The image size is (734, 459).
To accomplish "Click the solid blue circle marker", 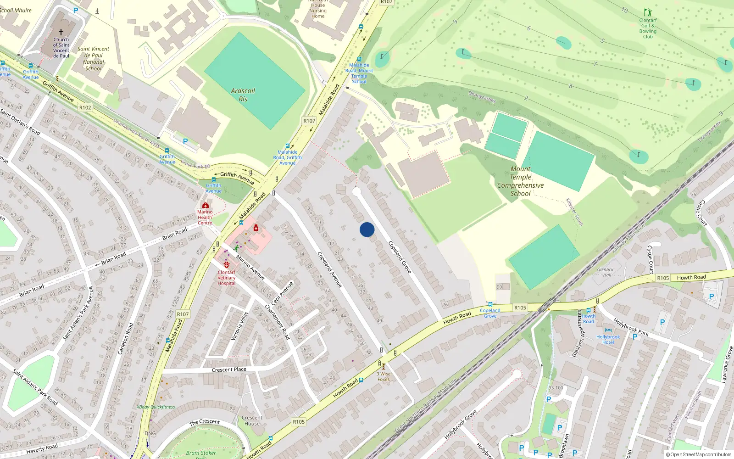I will pyautogui.click(x=367, y=229).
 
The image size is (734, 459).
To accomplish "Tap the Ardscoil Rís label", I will pyautogui.click(x=243, y=95).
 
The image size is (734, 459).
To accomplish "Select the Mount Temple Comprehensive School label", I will pyautogui.click(x=520, y=181).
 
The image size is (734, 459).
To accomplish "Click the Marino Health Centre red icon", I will pyautogui.click(x=205, y=205).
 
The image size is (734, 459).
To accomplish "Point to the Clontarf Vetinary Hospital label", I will pyautogui.click(x=226, y=278).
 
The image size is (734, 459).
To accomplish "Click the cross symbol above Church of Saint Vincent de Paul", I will pyautogui.click(x=61, y=32).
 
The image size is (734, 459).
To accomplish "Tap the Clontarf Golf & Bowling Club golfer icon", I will pyautogui.click(x=648, y=12).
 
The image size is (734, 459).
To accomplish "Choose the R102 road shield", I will pyautogui.click(x=85, y=107).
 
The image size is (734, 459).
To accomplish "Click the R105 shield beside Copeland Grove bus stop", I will pyautogui.click(x=520, y=308).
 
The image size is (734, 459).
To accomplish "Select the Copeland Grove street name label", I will pyautogui.click(x=400, y=257).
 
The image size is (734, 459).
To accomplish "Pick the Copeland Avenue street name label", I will pyautogui.click(x=329, y=269).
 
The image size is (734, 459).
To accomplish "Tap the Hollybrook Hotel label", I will pyautogui.click(x=608, y=339).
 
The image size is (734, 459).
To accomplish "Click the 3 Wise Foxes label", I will pyautogui.click(x=384, y=376).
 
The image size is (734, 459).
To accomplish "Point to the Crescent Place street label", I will pyautogui.click(x=229, y=369).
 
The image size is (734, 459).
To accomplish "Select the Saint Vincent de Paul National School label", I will pyautogui.click(x=94, y=59).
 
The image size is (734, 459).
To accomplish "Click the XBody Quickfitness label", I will pyautogui.click(x=156, y=407).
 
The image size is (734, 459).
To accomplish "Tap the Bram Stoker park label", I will pyautogui.click(x=201, y=453).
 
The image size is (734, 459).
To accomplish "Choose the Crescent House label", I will pyautogui.click(x=252, y=420).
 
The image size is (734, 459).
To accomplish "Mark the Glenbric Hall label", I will pyautogui.click(x=606, y=272).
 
